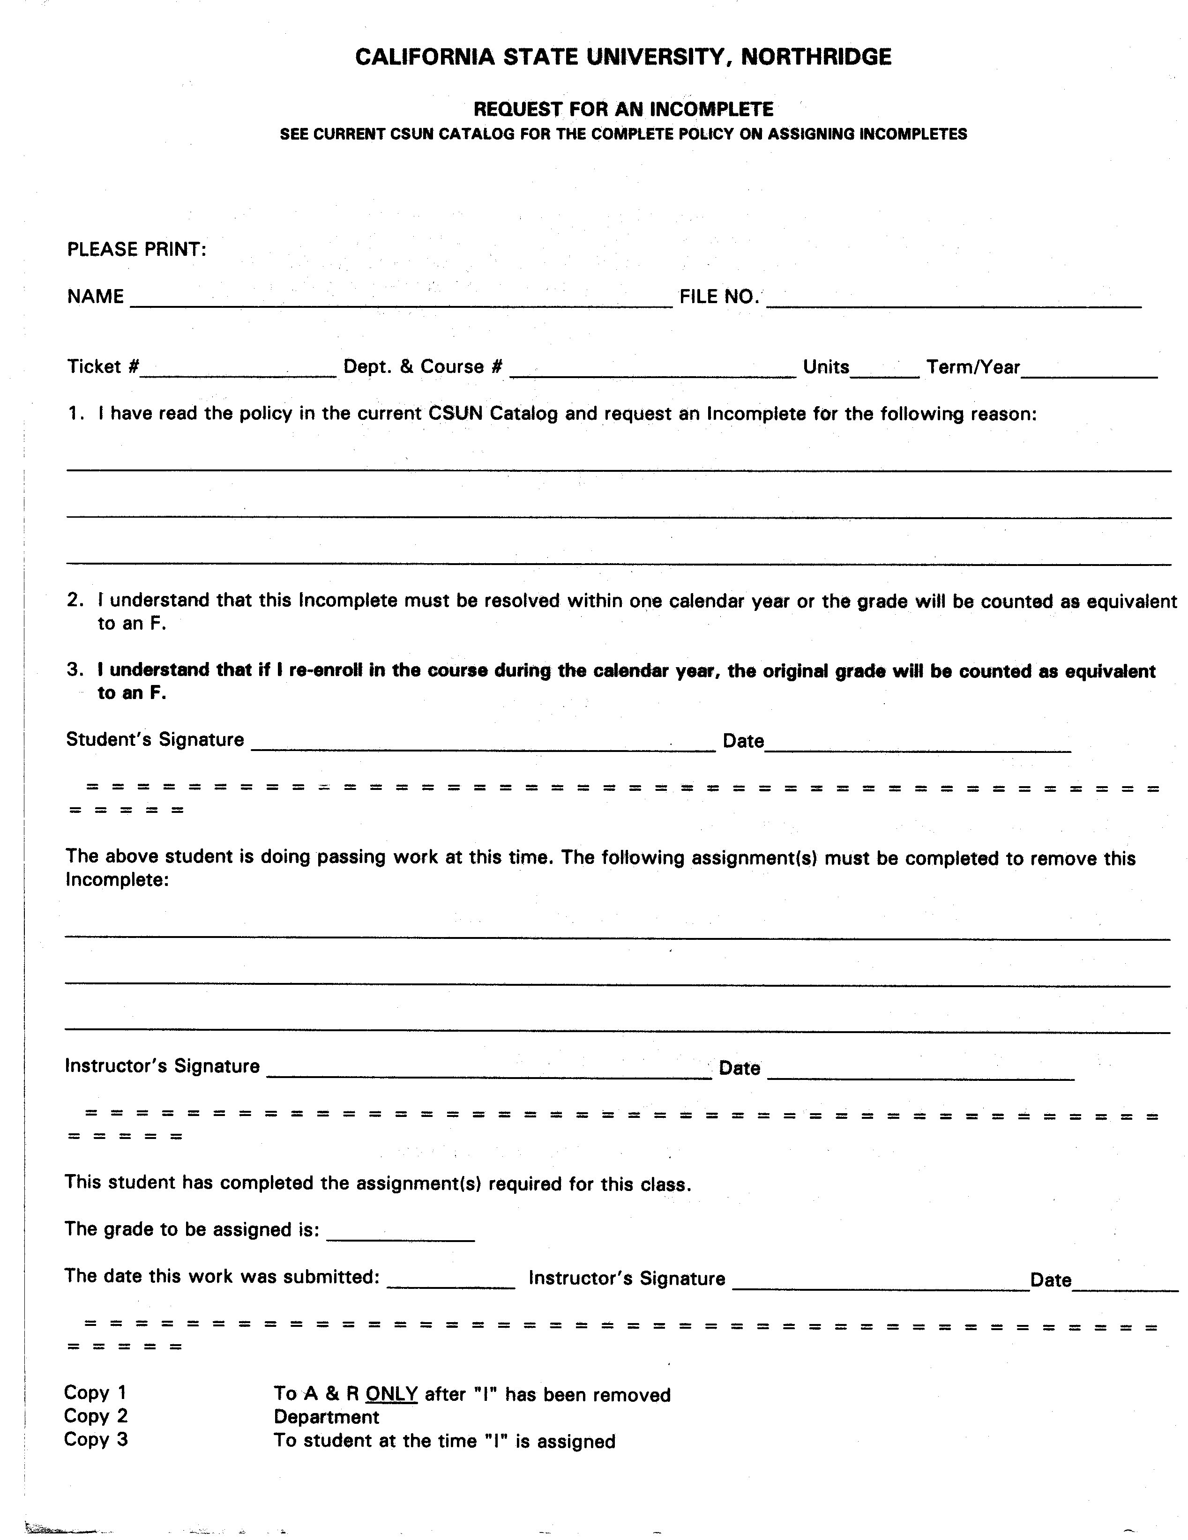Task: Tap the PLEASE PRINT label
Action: coord(136,250)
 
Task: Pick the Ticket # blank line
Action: coord(239,371)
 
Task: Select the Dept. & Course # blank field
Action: coord(652,371)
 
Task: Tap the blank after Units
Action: coord(885,371)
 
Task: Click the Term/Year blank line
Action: coord(1089,371)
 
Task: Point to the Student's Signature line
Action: coord(483,744)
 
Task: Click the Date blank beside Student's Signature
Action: coord(917,744)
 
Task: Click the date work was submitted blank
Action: coord(451,1281)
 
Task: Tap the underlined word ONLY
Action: coord(391,1394)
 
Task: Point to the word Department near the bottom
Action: coord(326,1417)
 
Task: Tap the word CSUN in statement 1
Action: coord(455,413)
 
